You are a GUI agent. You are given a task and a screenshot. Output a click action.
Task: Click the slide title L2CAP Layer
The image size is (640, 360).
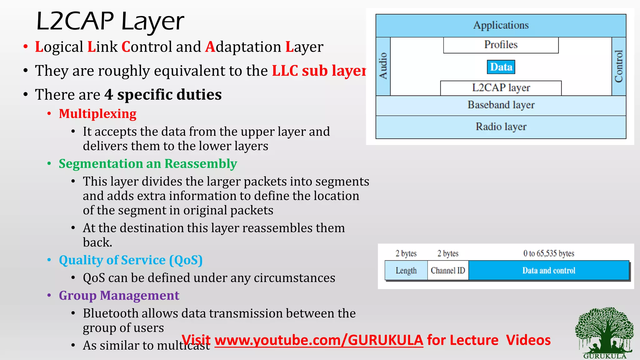coord(110,21)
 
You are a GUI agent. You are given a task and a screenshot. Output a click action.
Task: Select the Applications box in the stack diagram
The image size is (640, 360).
coord(501,25)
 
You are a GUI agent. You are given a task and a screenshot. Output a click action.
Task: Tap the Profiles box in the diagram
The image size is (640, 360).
coord(501,45)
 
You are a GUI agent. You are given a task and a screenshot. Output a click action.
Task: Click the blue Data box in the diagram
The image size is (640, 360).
coord(501,67)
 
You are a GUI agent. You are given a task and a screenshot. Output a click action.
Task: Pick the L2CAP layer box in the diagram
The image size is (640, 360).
coord(501,88)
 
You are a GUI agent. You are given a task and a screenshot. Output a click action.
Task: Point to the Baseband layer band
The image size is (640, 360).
coord(501,105)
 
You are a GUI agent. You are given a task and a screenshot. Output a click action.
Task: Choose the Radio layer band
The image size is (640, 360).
coord(501,127)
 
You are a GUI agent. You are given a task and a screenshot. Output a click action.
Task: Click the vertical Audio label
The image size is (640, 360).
coord(383,66)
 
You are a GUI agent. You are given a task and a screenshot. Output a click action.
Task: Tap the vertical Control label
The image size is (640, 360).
coord(619,66)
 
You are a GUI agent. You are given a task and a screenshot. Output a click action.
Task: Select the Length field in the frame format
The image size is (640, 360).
coord(406,270)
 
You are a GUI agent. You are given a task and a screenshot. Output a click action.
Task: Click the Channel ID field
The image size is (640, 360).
coord(448,270)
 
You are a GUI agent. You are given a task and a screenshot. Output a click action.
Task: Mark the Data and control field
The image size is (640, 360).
coord(549,270)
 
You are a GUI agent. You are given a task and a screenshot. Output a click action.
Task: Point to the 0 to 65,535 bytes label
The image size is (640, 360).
coord(549,253)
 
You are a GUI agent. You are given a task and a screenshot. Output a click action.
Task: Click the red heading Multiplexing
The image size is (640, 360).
coord(97,114)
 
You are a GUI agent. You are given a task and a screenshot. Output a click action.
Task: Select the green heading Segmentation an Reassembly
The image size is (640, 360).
coord(148,164)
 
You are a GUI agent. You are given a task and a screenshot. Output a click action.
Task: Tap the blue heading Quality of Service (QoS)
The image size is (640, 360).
coord(131,260)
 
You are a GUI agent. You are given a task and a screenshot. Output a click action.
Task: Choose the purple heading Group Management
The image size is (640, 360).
coord(119,296)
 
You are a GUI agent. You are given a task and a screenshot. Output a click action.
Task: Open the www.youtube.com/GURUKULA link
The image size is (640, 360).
coord(319,340)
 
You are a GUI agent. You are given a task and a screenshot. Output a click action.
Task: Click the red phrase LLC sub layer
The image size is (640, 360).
coord(319,71)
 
